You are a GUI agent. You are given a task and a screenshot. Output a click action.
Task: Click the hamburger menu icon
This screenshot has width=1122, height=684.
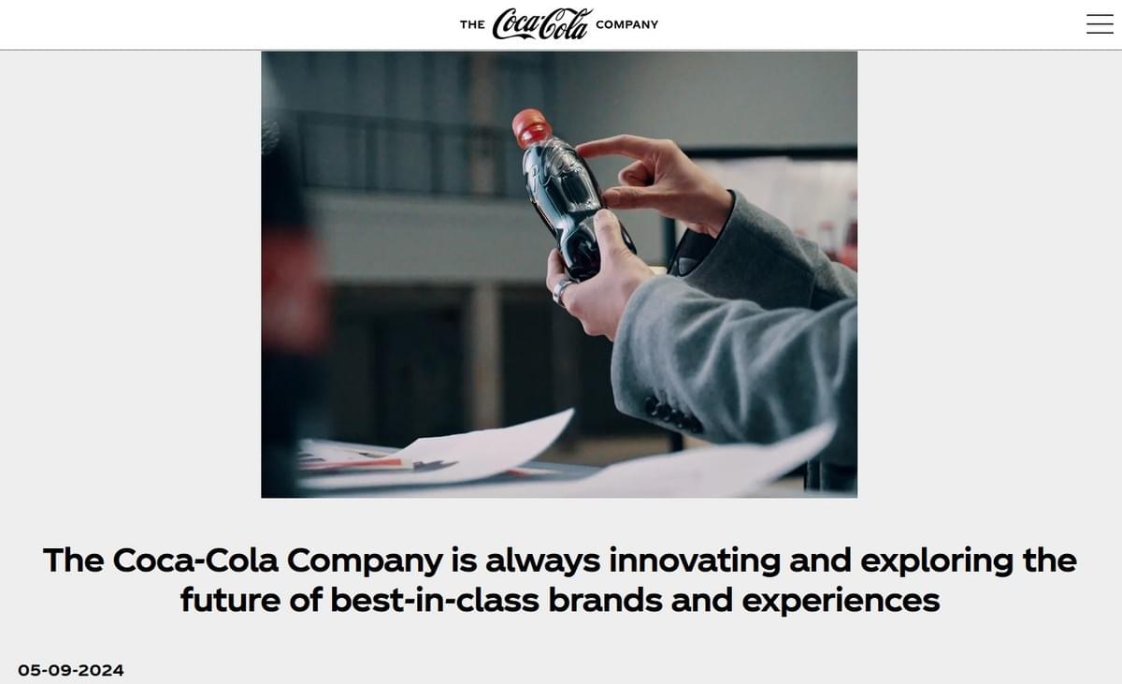pos(1100,24)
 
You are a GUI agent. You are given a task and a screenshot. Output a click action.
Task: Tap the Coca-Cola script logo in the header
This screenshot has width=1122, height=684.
pos(542,24)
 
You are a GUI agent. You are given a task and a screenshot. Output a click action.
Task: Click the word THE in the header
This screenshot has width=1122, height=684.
pos(472,25)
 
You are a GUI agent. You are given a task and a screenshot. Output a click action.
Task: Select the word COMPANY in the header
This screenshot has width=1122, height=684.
pos(626,25)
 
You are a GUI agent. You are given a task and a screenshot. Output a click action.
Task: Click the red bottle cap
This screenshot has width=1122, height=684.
pos(531,126)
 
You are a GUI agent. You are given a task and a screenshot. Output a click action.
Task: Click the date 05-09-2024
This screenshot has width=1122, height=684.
pos(71,670)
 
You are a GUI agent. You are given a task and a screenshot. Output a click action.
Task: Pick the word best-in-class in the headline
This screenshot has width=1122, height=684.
pos(435,600)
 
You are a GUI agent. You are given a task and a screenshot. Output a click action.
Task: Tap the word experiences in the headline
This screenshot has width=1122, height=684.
pos(841,600)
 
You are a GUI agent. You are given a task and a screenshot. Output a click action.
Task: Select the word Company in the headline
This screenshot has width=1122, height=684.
pos(364,560)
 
